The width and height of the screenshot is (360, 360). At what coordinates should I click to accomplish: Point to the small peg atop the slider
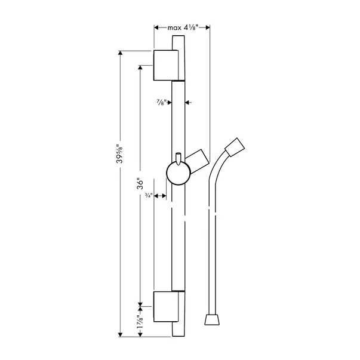(179, 156)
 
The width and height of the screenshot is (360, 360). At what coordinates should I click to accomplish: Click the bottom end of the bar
(178, 331)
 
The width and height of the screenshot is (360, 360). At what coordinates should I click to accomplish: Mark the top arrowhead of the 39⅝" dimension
(122, 54)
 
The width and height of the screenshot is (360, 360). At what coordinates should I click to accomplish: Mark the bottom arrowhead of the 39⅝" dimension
(122, 334)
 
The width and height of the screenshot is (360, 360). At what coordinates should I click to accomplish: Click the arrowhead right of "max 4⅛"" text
(206, 27)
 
